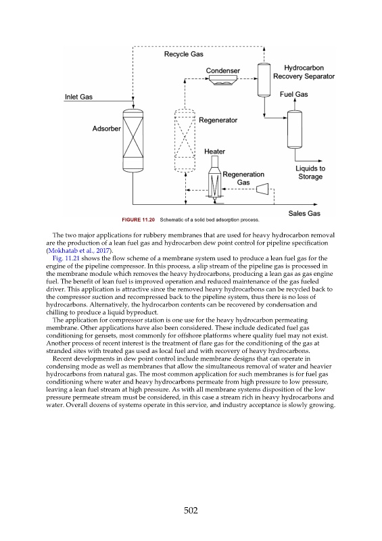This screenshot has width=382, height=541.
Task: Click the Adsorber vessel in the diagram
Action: (133, 140)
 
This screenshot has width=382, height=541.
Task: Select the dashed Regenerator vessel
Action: (185, 140)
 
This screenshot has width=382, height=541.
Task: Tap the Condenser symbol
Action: (223, 80)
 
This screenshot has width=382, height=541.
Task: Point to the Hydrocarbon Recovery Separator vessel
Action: (264, 80)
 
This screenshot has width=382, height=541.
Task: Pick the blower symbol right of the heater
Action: (262, 189)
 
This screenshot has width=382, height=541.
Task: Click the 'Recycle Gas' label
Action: (184, 54)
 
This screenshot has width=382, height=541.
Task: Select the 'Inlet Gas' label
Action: (78, 97)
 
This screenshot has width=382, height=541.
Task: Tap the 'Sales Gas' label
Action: (304, 214)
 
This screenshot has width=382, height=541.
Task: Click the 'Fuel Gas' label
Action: (293, 94)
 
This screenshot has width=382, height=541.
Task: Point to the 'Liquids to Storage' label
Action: (310, 172)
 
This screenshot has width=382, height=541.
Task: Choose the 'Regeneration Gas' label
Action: (243, 179)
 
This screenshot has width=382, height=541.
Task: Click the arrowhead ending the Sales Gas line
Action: (315, 205)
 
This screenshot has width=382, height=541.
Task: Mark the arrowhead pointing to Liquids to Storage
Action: (320, 161)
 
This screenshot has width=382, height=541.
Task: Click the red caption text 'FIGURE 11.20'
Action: (139, 220)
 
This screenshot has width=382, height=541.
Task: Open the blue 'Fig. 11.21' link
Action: (66, 258)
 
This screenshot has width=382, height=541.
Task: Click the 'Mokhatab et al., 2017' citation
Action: (79, 250)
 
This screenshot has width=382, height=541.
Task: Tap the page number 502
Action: (191, 511)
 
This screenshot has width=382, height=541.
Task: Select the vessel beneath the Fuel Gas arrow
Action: (295, 129)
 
